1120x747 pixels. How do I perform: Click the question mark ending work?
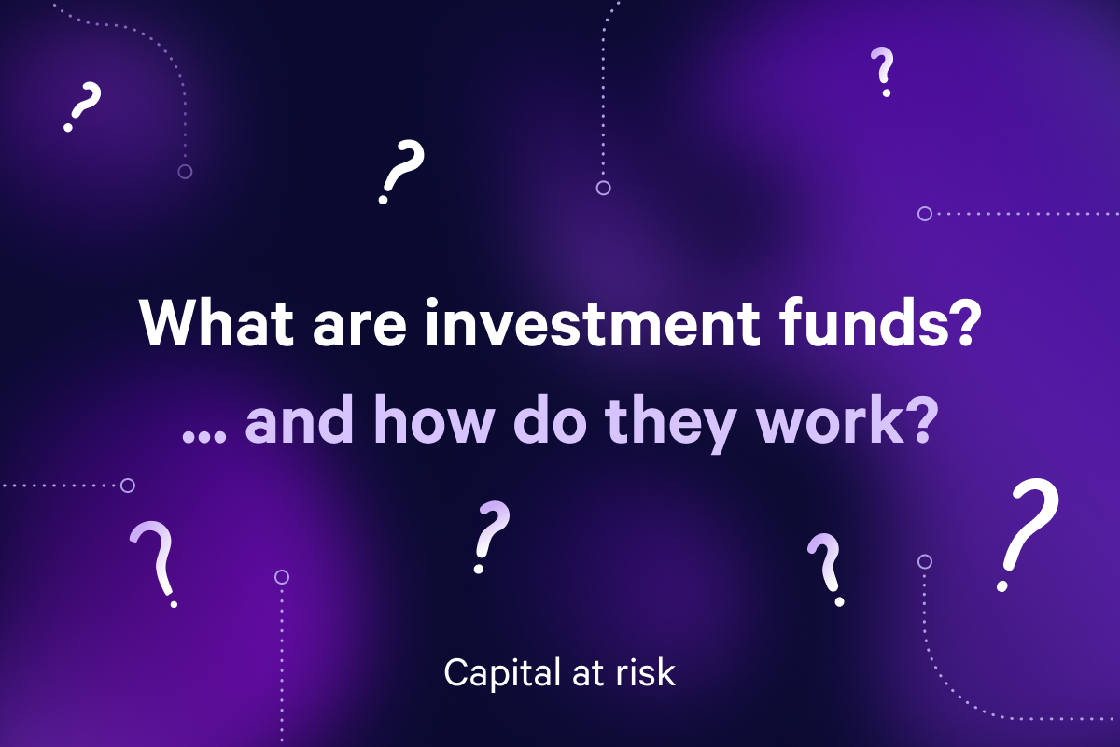tap(918, 422)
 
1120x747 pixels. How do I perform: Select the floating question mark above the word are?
tap(399, 172)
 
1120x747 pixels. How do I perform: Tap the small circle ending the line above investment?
tap(603, 189)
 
